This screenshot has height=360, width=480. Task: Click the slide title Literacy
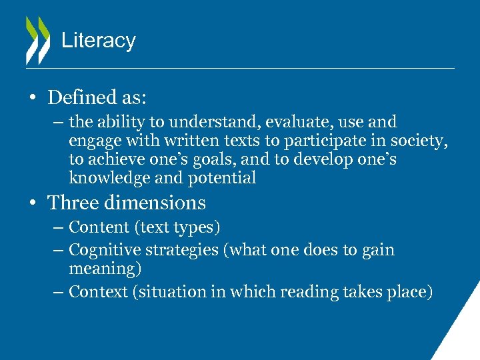click(98, 41)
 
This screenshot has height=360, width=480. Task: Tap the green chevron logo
click(37, 40)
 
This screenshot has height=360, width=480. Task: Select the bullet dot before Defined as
click(32, 98)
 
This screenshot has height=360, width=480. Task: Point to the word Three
click(73, 203)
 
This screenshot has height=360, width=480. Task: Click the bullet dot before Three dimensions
click(32, 203)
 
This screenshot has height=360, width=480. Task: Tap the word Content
click(100, 227)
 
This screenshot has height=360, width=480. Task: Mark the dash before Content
click(57, 227)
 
